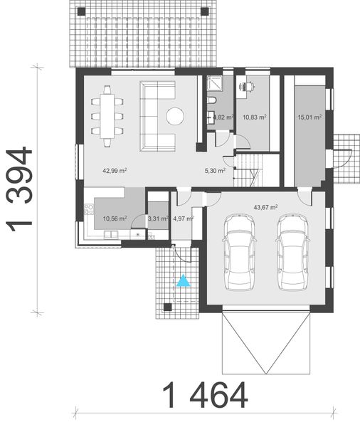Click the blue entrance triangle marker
click(184, 280)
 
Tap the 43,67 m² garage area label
click(265, 207)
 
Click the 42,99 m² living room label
click(115, 171)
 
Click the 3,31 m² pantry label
click(157, 219)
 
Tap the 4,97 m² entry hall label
click(183, 219)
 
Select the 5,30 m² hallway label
click(214, 171)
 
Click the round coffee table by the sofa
click(175, 116)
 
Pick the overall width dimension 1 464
click(205, 395)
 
